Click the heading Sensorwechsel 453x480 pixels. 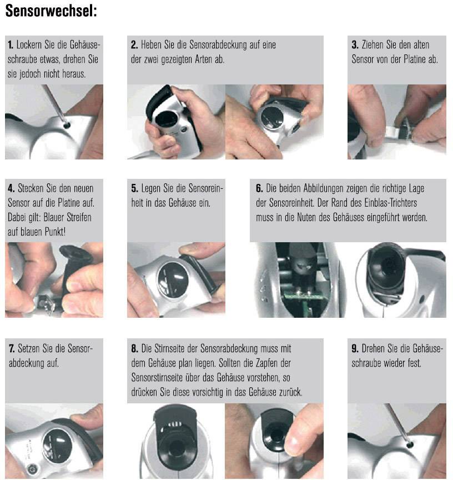click(x=51, y=12)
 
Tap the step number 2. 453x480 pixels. click(x=134, y=45)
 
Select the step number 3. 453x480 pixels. click(x=355, y=45)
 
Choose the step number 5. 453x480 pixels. click(x=134, y=188)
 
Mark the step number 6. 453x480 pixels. click(x=259, y=188)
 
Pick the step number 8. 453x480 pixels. click(x=134, y=349)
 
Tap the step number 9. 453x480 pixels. click(x=355, y=349)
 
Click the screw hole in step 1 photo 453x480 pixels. click(x=67, y=126)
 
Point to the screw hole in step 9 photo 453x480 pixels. click(x=410, y=444)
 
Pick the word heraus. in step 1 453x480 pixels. click(x=71, y=74)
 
